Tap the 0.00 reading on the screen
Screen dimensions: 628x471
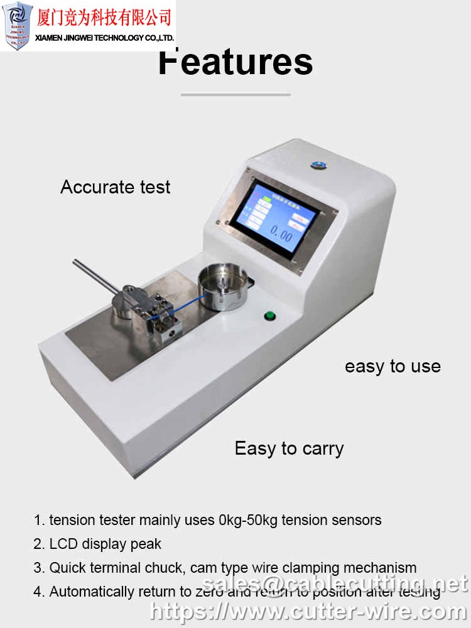point(281,236)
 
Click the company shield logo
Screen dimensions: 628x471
point(18,25)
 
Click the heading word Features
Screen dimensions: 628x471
point(235,63)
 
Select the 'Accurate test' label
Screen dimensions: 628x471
point(116,187)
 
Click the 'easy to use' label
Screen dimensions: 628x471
point(392,367)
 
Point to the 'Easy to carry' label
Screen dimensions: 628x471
point(289,448)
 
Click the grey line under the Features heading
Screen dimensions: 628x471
point(235,95)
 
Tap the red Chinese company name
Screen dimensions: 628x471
point(104,16)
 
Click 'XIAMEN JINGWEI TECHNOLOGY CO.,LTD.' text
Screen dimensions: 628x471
point(104,38)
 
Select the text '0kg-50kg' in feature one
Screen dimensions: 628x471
point(247,520)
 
